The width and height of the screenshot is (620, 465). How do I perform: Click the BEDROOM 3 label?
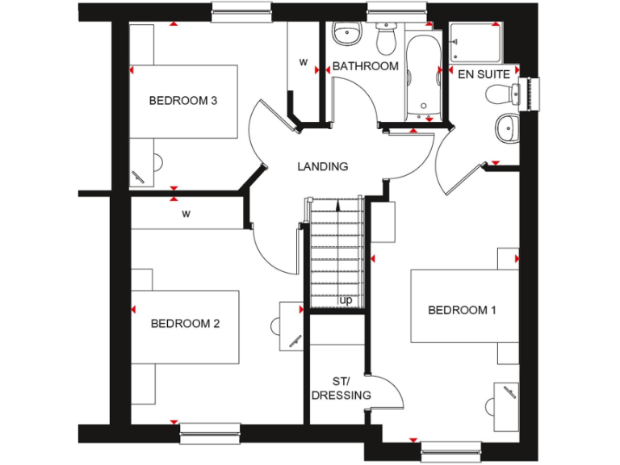coord(183,101)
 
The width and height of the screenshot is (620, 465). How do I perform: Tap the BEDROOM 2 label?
coord(186,324)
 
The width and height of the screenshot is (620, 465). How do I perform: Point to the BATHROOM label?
coord(366,66)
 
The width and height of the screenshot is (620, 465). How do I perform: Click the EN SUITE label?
coord(484,74)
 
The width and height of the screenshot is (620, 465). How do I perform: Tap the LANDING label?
coord(323,167)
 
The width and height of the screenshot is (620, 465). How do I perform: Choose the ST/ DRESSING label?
coord(341,388)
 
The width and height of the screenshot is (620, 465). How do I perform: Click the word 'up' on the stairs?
coord(346,300)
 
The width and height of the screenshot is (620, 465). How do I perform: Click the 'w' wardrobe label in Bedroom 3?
coord(304,62)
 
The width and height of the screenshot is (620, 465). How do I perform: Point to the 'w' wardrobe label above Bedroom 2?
coord(186,214)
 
